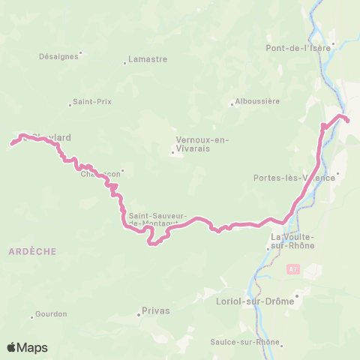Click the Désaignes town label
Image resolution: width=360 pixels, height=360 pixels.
(58, 56)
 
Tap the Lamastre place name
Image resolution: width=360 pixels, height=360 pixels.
(148, 60)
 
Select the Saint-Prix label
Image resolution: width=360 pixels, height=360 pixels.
(92, 102)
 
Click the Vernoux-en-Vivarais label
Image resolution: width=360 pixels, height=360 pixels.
(202, 144)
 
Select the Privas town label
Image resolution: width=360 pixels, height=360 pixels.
(156, 310)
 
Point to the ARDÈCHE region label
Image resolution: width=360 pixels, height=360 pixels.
(33, 252)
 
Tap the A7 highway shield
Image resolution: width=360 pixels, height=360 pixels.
(293, 268)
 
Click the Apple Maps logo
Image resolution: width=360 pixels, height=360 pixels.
(27, 347)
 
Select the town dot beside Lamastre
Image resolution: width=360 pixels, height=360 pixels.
(124, 63)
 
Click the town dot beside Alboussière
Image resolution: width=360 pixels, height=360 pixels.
(232, 104)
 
